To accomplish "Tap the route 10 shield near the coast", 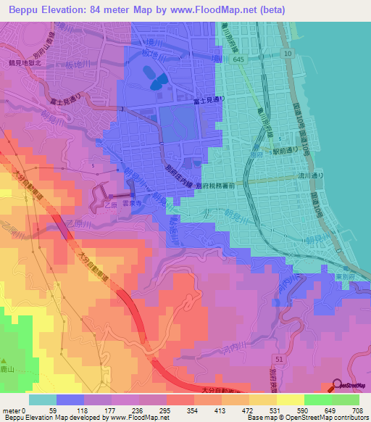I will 288,54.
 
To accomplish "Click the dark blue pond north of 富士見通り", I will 154,77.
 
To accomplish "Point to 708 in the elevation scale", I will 357,410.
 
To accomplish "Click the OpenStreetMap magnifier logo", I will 338,386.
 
